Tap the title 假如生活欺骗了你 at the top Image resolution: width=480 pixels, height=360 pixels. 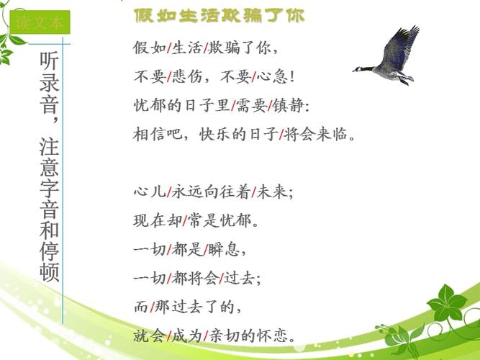point(219,15)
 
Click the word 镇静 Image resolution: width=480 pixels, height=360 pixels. point(291,106)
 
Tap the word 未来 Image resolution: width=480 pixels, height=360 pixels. point(275,192)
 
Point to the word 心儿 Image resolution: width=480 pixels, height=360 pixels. point(149,192)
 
